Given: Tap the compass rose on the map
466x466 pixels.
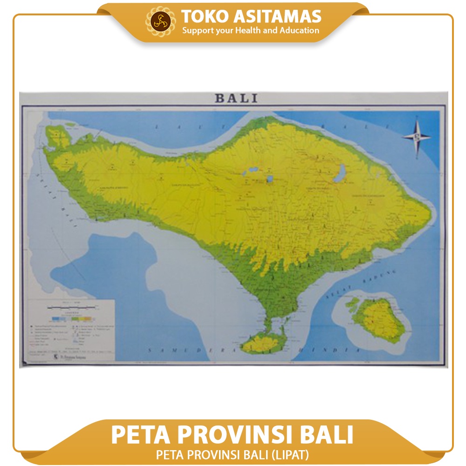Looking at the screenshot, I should pos(416,136).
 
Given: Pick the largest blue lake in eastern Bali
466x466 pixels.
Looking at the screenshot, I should pos(340,173).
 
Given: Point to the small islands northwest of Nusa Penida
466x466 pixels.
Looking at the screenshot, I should pos(352,305).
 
